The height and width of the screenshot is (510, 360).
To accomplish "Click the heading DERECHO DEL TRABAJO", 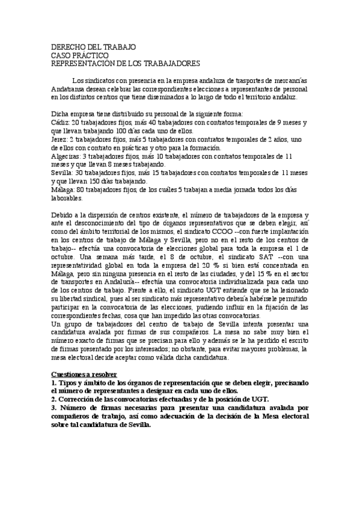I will point(93,46).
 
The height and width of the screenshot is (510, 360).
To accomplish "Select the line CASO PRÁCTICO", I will point(80,55).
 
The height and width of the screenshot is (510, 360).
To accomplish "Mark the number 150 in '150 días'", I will point(97,180).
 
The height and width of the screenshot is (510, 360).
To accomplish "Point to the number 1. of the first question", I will point(53,382).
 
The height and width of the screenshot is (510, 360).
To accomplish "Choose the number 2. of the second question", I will point(53,399).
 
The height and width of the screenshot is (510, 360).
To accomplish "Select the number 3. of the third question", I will point(53,408).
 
